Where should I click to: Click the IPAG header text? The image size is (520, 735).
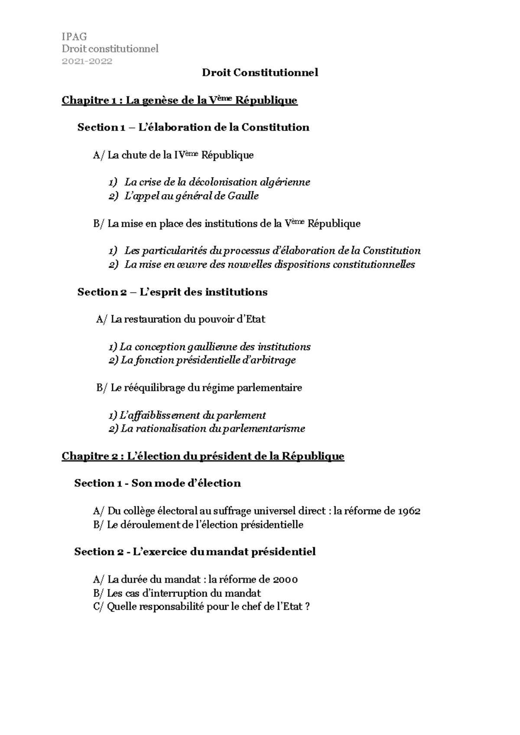coord(74,36)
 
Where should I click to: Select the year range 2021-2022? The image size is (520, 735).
coord(87,61)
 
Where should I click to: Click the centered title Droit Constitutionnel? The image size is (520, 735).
coord(260,73)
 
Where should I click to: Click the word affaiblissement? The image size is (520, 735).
coord(160,415)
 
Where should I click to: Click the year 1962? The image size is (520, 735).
coord(408,511)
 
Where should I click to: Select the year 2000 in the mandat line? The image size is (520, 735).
coord(285,579)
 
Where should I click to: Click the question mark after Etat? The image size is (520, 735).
coord(307,607)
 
